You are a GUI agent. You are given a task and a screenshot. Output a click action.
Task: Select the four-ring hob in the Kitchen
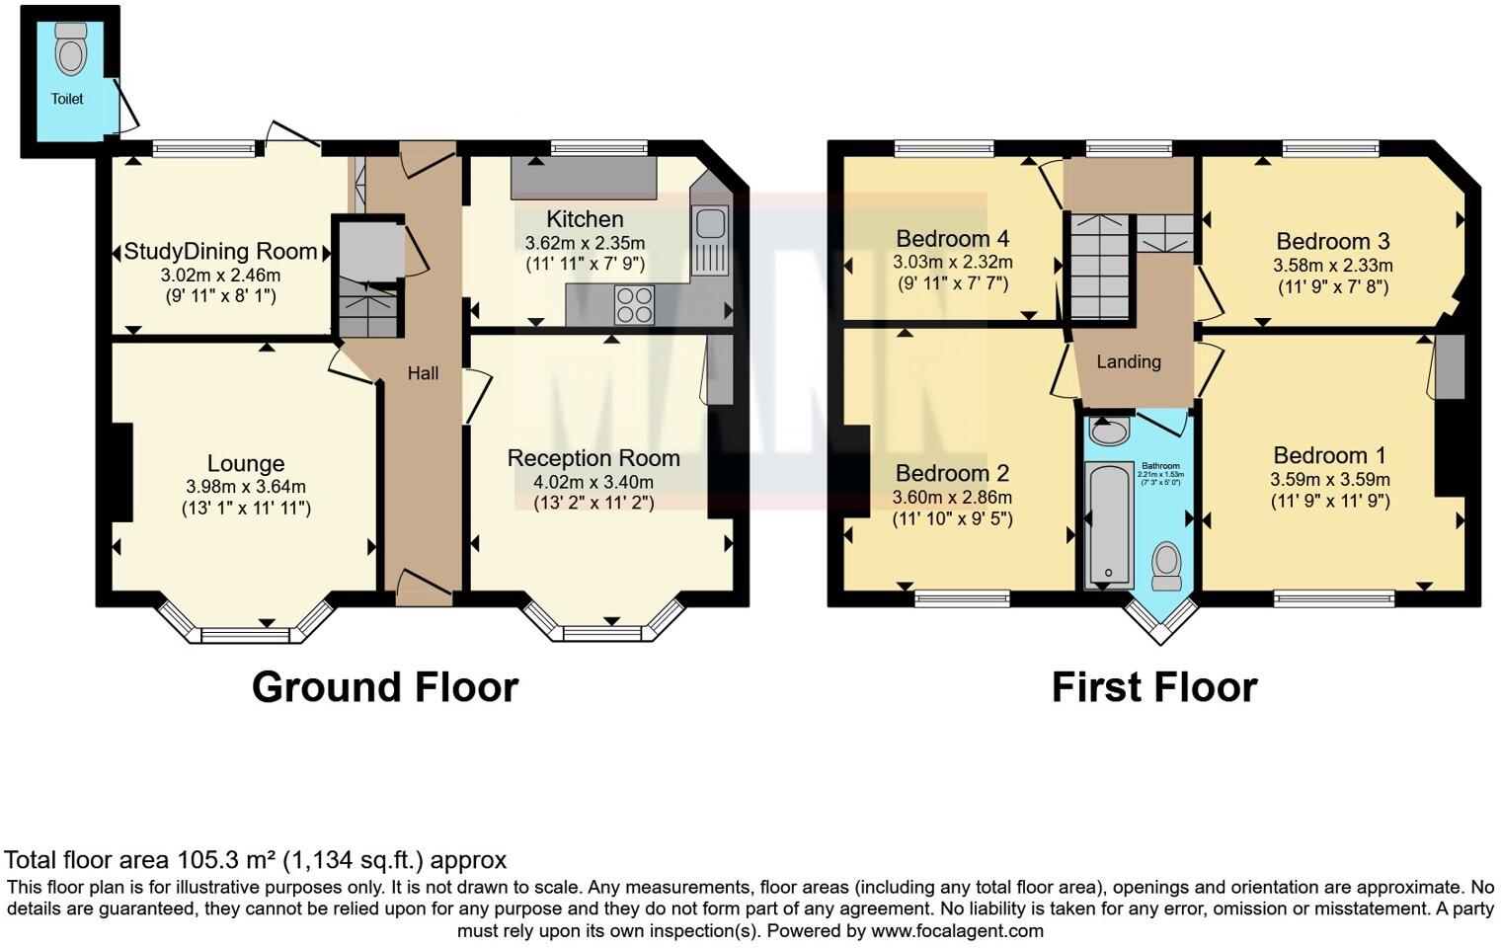pyautogui.click(x=634, y=305)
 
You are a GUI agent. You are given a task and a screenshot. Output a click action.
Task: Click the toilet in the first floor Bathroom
pyautogui.click(x=1166, y=565)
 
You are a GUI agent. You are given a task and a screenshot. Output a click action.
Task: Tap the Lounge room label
pyautogui.click(x=246, y=463)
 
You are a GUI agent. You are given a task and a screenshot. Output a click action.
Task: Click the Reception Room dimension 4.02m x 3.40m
pyautogui.click(x=593, y=482)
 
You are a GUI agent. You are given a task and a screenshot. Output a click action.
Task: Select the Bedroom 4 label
pyautogui.click(x=952, y=239)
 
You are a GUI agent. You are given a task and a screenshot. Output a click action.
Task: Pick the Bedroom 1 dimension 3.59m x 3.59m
pyautogui.click(x=1329, y=480)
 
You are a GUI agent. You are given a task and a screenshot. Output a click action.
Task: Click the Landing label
pyautogui.click(x=1129, y=361)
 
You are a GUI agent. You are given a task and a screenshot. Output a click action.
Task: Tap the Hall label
pyautogui.click(x=423, y=373)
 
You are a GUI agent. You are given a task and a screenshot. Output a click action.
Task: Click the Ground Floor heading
pyautogui.click(x=385, y=687)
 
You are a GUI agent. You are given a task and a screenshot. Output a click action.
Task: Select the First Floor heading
pyautogui.click(x=1154, y=687)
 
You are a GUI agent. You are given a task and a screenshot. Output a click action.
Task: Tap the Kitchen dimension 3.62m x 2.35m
pyautogui.click(x=585, y=243)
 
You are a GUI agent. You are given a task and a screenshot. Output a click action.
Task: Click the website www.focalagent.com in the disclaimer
pyautogui.click(x=957, y=930)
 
